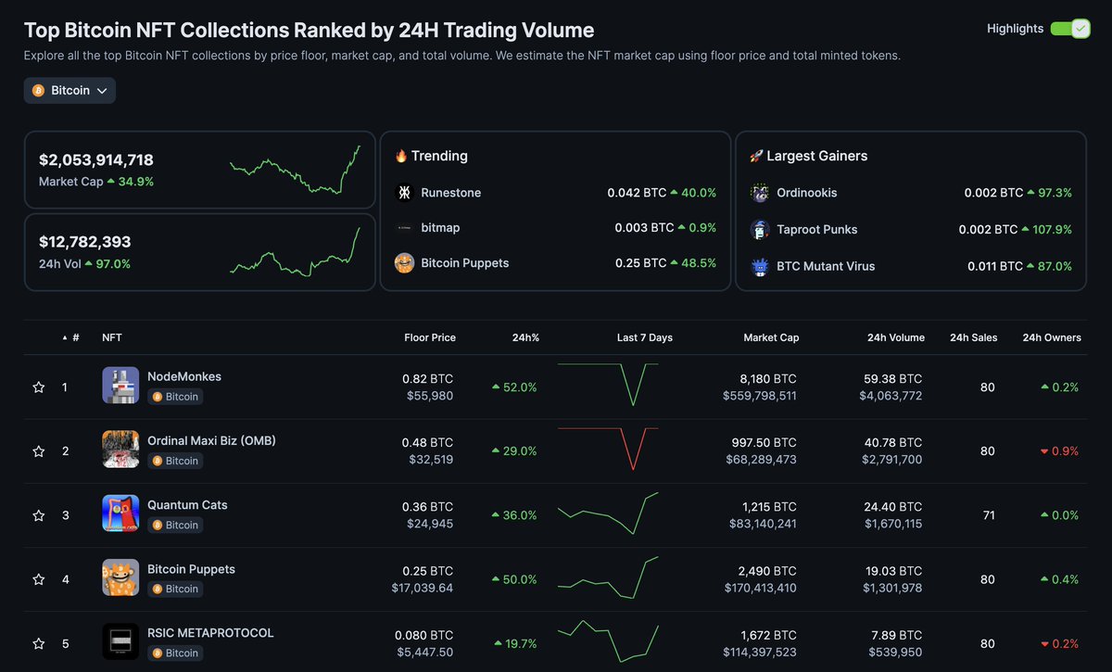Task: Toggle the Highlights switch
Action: tap(1069, 29)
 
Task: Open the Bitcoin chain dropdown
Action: tap(69, 91)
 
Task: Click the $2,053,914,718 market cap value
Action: tap(96, 159)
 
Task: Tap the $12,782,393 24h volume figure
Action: tap(85, 242)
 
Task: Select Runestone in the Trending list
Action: tap(450, 193)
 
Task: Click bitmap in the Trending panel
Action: tap(440, 228)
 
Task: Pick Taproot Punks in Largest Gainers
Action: tap(816, 229)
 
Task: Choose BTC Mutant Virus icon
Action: tap(760, 266)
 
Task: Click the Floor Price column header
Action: tap(430, 337)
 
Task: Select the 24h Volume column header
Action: tap(895, 337)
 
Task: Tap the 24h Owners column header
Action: tap(1051, 337)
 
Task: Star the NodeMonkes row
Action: tap(39, 387)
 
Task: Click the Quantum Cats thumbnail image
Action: tap(120, 514)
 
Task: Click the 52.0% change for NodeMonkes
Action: tap(514, 387)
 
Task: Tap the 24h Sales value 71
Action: tap(988, 515)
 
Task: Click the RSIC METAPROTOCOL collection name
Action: tap(210, 633)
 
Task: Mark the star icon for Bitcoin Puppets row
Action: tap(39, 580)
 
